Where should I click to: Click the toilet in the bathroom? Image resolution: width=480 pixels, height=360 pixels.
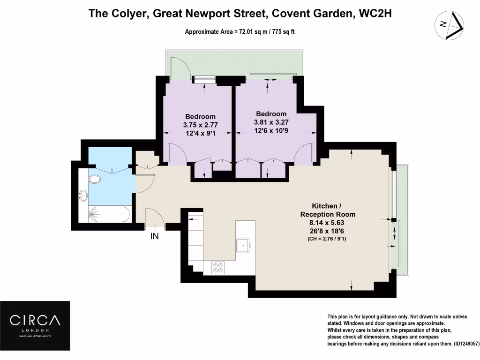point(95,179)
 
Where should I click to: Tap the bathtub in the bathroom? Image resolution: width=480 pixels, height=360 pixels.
point(109,215)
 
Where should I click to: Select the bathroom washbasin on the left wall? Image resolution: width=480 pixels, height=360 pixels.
point(83,195)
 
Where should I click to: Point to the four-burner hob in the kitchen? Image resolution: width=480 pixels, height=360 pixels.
point(218,267)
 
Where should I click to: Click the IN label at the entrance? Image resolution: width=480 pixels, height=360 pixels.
point(154,237)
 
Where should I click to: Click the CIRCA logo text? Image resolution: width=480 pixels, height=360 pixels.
point(36,321)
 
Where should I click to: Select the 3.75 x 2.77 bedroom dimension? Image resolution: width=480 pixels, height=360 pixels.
point(200,125)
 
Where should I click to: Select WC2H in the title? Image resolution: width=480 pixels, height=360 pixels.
point(375,14)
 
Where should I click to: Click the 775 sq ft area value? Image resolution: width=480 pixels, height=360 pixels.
point(282,32)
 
